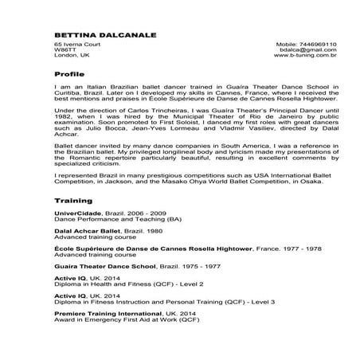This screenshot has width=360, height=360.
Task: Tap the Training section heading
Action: point(73,201)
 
